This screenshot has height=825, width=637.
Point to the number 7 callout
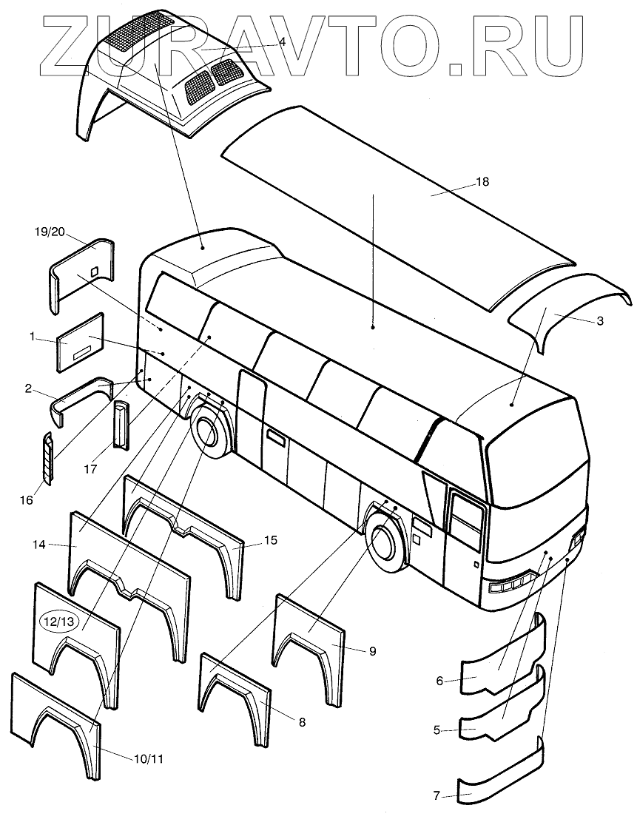click(437, 796)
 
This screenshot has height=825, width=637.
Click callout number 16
click(27, 501)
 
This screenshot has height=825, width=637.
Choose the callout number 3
click(600, 321)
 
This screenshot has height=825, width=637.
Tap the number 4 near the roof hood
click(282, 44)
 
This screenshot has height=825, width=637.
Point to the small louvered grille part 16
click(48, 459)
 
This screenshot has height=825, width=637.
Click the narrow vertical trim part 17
click(121, 425)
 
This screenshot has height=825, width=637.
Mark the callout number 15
click(270, 541)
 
